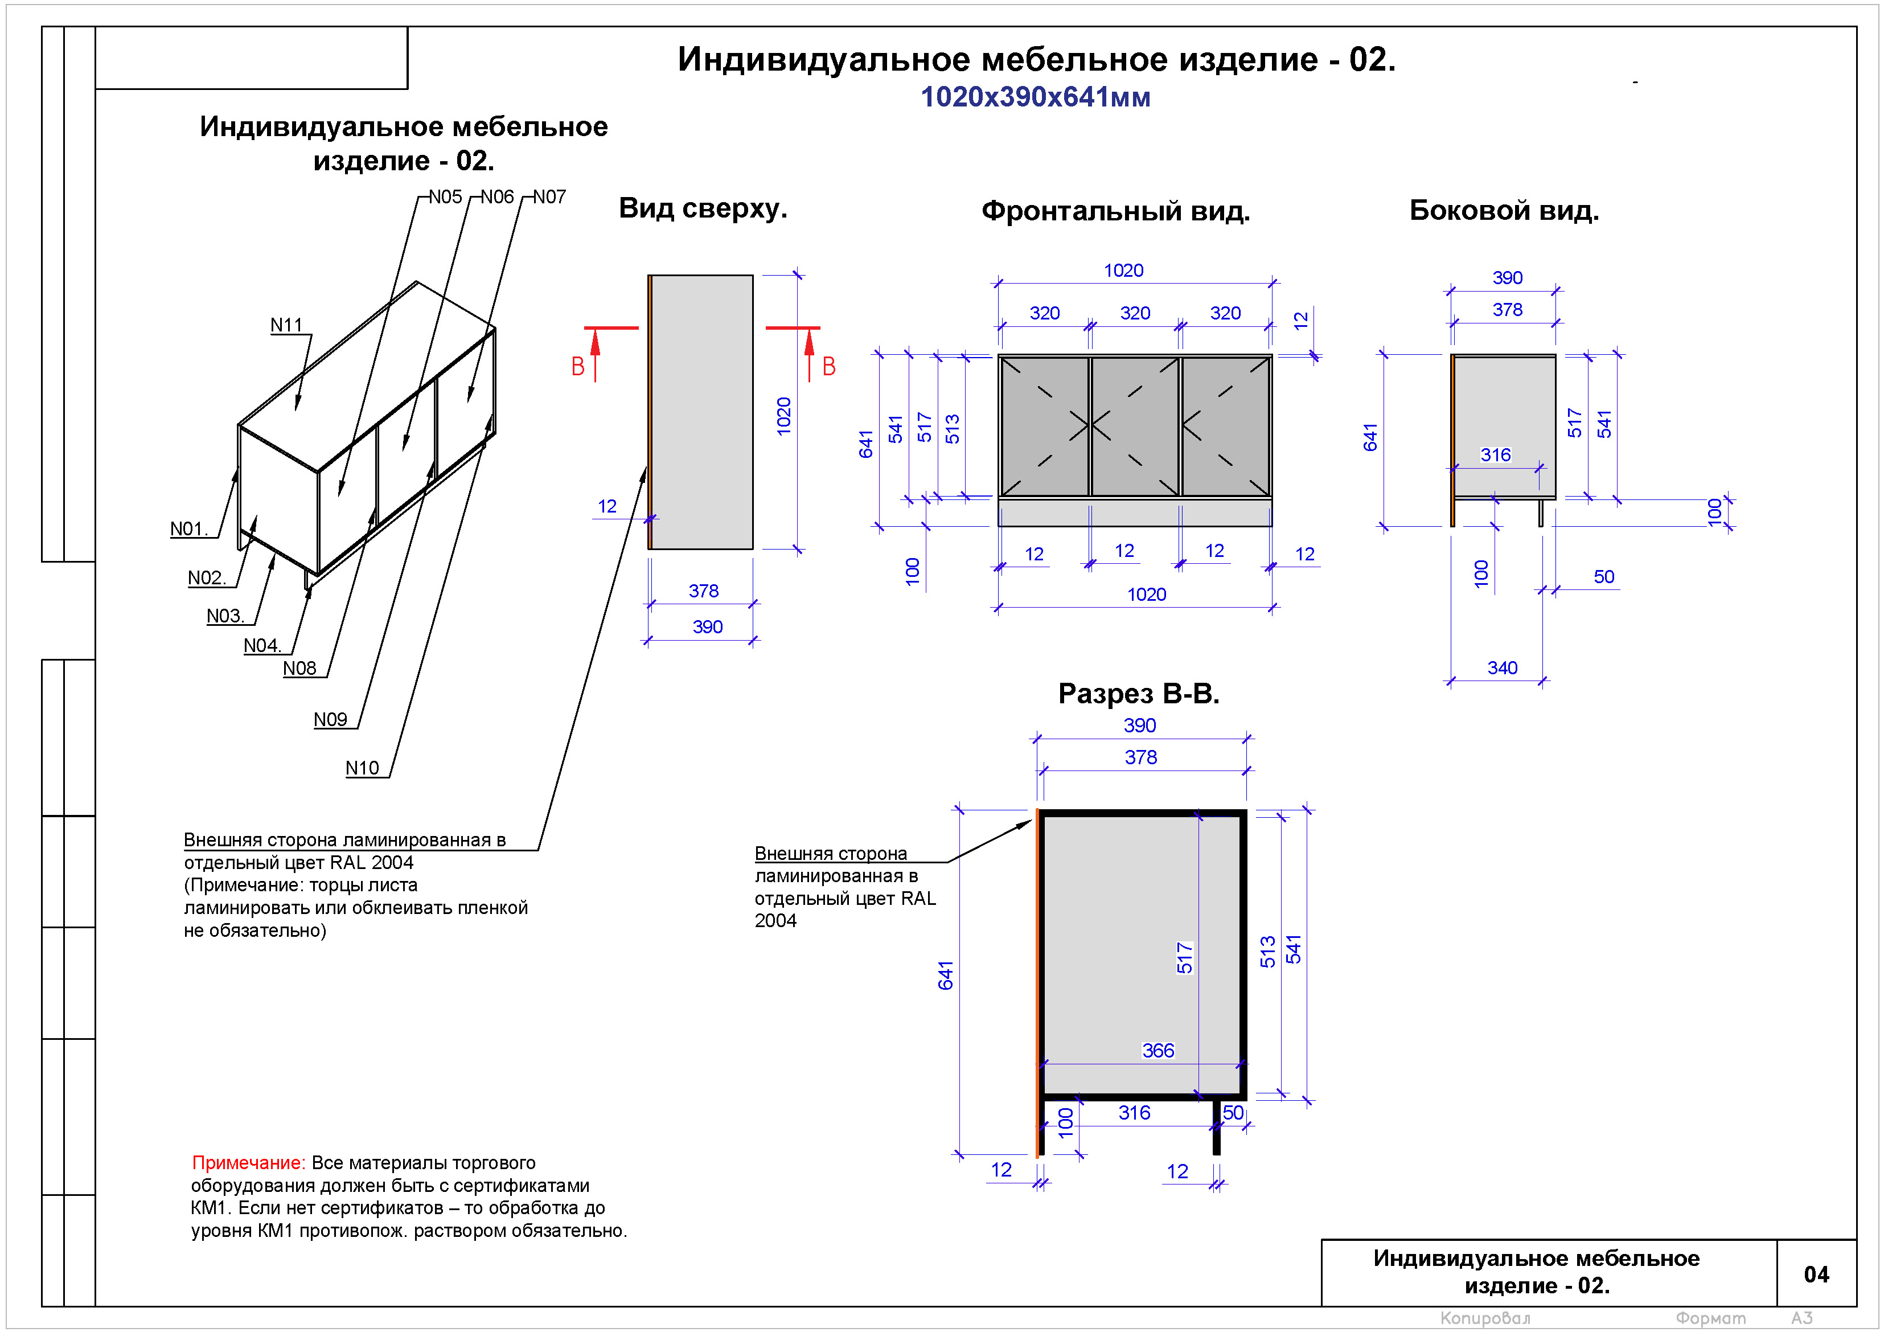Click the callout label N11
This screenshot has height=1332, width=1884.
coord(286,325)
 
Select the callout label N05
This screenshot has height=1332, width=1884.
coord(446,197)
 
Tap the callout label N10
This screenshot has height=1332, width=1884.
coord(362,768)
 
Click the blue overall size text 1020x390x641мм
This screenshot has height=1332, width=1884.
coord(1035,97)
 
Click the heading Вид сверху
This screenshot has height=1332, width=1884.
coord(703,208)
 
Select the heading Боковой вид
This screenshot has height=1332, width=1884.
coord(1503,211)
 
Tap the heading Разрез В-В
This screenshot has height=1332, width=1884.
coord(1138,694)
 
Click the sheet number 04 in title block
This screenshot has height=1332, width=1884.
coord(1816,1274)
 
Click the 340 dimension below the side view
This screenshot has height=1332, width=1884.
coord(1501,668)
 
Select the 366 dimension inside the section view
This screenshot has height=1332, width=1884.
coord(1158,1051)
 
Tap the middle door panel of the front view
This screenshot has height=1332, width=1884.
coord(1135,426)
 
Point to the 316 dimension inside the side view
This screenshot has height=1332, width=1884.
coord(1495,454)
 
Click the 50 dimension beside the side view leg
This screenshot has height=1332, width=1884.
coord(1603,577)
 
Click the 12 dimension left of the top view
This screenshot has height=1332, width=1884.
coord(607,506)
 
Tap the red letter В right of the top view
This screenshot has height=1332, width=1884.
coord(829,367)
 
